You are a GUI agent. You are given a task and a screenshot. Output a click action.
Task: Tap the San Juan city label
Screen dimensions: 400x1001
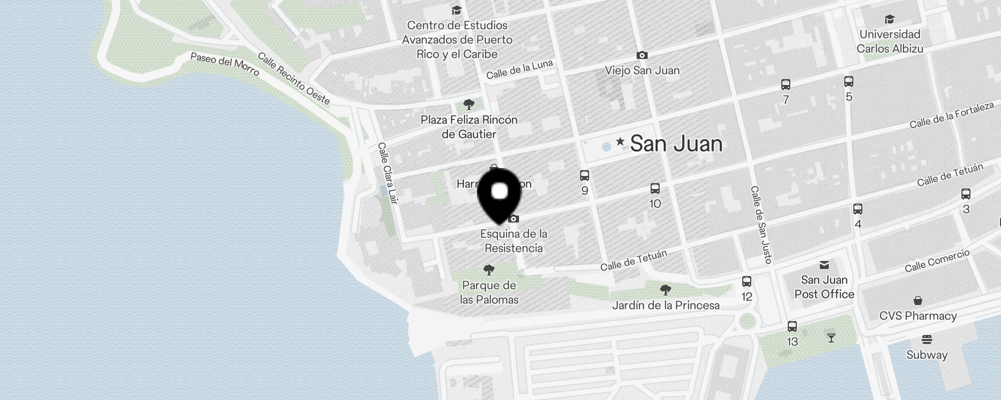(x=676, y=144)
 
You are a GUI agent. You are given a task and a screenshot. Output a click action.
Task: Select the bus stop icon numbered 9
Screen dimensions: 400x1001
(x=585, y=175)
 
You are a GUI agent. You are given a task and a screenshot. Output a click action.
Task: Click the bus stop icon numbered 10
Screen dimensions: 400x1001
(x=655, y=188)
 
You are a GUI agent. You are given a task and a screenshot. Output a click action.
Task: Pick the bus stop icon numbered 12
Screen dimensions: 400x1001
(x=747, y=281)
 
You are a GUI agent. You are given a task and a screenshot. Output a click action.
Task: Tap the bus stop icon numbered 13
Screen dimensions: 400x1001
(x=792, y=326)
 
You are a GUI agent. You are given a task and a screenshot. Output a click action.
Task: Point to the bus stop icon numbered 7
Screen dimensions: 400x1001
(x=786, y=84)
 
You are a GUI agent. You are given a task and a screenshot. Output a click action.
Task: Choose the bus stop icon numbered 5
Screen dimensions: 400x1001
(x=849, y=81)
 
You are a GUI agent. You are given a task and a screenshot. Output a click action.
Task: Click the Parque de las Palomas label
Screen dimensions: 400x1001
(x=489, y=292)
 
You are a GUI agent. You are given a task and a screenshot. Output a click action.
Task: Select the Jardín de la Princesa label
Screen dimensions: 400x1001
(x=666, y=305)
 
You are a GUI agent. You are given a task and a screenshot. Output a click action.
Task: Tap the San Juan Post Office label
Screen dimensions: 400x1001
(x=824, y=287)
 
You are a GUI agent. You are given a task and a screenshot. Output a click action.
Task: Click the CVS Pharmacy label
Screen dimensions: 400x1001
(x=918, y=316)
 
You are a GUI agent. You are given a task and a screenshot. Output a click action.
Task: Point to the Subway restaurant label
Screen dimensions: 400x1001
(x=927, y=355)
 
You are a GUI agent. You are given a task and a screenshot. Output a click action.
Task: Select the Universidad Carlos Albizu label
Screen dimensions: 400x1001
(x=889, y=41)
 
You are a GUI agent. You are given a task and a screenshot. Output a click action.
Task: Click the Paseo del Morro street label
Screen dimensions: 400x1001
(x=225, y=64)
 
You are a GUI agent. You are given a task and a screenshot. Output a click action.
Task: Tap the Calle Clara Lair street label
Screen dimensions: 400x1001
(x=387, y=173)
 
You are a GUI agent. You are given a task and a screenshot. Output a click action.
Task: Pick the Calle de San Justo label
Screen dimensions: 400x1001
(x=761, y=224)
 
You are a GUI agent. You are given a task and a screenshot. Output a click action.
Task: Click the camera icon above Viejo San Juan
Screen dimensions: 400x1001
(x=642, y=55)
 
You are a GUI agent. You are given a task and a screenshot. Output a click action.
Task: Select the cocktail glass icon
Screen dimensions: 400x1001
(x=831, y=338)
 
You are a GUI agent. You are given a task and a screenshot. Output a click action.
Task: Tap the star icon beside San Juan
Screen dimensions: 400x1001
(x=620, y=142)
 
